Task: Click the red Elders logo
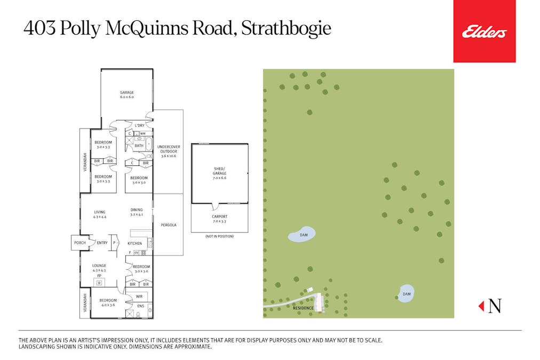(484, 31)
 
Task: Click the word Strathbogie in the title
(286, 29)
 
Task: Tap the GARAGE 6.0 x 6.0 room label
(126, 95)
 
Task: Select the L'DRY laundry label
(139, 126)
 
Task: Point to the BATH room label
(139, 146)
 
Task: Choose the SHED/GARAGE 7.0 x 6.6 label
(219, 173)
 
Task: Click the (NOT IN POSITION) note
(219, 236)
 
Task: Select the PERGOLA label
(168, 225)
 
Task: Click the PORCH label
(80, 243)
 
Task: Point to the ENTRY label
(102, 243)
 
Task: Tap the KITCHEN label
(134, 243)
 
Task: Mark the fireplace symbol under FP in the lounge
(99, 282)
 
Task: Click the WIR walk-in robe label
(139, 296)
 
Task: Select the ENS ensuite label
(140, 306)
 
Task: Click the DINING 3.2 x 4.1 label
(137, 212)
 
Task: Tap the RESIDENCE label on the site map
(303, 308)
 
